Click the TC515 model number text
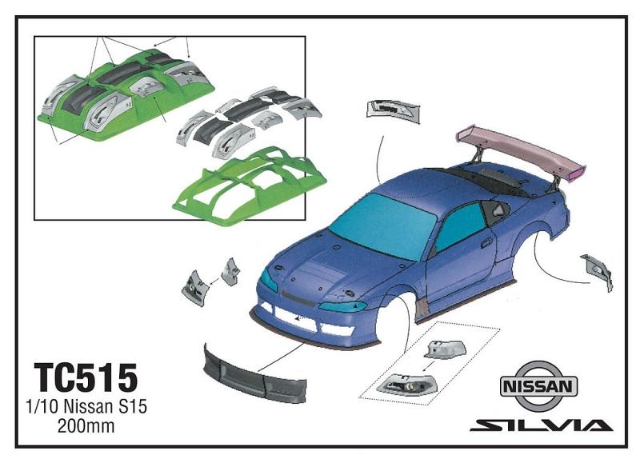tap(86, 377)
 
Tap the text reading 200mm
tap(86, 426)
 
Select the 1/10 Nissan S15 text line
tap(86, 407)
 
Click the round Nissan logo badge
tap(538, 386)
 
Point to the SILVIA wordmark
tap(542, 425)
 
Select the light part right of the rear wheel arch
tap(597, 271)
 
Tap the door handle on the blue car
tap(486, 244)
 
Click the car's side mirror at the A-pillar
tap(497, 210)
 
